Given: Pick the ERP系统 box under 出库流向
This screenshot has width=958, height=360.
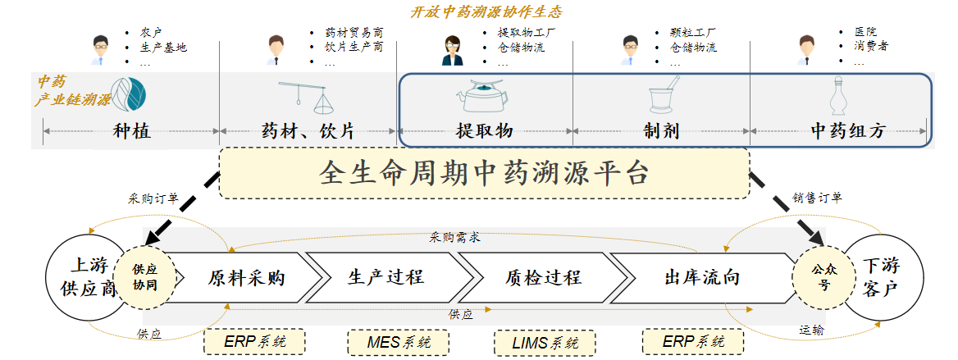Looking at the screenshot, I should pos(692,342).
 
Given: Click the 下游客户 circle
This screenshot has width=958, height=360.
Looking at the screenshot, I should pos(883,278).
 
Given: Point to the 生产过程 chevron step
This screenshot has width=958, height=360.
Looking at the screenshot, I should pos(385,277).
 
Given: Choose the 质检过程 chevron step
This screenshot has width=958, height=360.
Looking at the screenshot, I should pos(542,277).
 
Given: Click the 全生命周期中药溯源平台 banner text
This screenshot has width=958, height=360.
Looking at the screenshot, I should pos(484,173).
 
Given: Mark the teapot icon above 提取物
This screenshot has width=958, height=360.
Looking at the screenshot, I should pos(481,97).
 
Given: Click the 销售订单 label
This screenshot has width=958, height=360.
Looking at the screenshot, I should pos(817,198).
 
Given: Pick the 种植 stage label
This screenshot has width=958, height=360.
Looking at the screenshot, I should pos(131,131).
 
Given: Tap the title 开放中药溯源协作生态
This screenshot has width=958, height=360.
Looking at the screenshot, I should pos(486,12).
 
